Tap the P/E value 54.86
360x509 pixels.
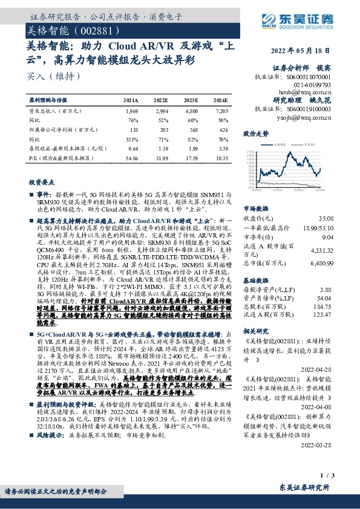pos(131,157)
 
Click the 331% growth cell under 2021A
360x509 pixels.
pos(131,138)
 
